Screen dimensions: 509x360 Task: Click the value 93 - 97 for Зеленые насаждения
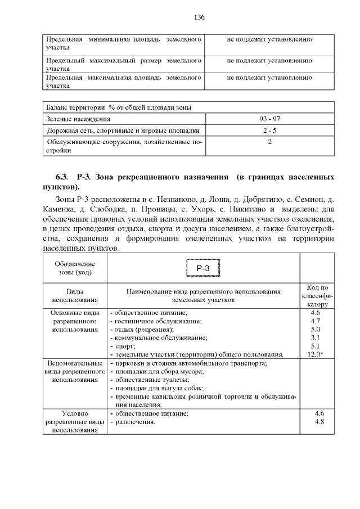tap(269, 119)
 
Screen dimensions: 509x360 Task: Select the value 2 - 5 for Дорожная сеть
tap(269, 130)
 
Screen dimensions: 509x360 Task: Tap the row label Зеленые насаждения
tap(78, 119)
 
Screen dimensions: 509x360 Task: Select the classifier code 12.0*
tap(315, 354)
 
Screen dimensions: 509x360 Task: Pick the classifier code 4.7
tap(315, 321)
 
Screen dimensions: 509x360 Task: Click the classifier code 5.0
tap(315, 329)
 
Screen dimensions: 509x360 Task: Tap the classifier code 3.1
tap(315, 337)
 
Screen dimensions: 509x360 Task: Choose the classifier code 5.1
tap(315, 346)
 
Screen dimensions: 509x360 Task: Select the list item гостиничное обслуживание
tap(155, 321)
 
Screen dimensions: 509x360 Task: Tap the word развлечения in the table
tap(135, 422)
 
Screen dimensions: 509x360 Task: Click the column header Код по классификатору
tap(315, 296)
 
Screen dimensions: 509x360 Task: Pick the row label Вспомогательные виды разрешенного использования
tap(75, 372)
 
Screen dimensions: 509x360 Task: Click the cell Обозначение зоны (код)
tap(75, 268)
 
